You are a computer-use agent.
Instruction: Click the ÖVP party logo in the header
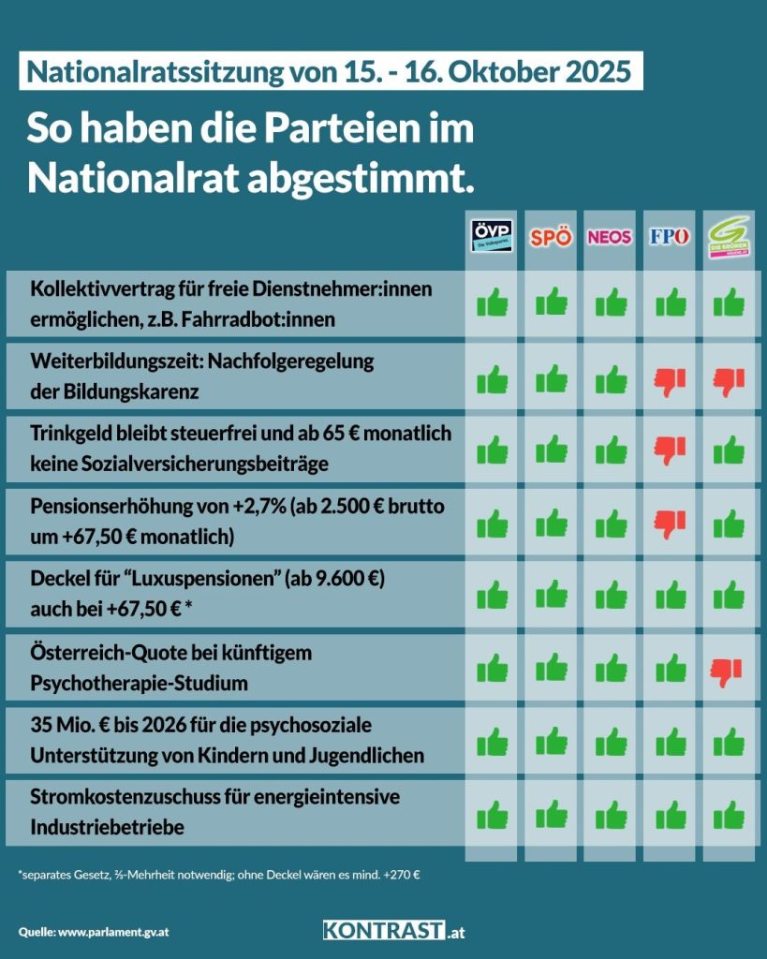(x=492, y=234)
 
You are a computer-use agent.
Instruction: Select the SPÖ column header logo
(x=551, y=237)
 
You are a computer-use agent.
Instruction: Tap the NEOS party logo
(x=610, y=237)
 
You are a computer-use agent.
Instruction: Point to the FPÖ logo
(x=669, y=236)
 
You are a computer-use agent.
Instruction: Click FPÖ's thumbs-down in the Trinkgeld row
(x=670, y=450)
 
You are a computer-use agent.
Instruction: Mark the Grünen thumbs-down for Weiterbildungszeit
(x=728, y=377)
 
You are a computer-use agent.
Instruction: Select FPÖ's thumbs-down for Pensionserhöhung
(x=670, y=523)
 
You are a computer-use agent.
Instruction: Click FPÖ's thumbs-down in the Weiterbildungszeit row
(x=670, y=377)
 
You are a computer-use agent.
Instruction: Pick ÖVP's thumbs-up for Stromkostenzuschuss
(x=493, y=815)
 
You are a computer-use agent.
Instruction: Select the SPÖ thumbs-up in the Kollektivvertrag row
(x=552, y=303)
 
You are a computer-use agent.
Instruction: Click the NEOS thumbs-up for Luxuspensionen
(x=611, y=595)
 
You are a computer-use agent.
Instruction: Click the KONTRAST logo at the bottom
(x=393, y=931)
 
